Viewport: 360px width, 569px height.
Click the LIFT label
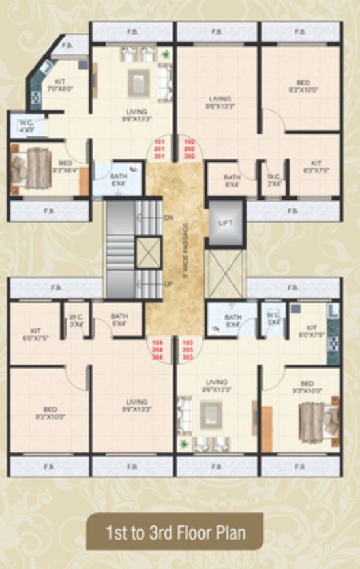tap(225, 223)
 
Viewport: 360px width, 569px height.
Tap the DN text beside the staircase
tap(168, 217)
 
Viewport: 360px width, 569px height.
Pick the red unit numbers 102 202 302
tap(190, 149)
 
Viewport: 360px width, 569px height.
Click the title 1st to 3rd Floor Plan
tap(176, 532)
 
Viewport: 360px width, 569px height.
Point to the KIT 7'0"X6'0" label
tap(60, 84)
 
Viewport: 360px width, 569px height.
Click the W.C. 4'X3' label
tap(26, 125)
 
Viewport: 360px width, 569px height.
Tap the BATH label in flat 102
tap(232, 180)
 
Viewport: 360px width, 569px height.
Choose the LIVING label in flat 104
tap(133, 405)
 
